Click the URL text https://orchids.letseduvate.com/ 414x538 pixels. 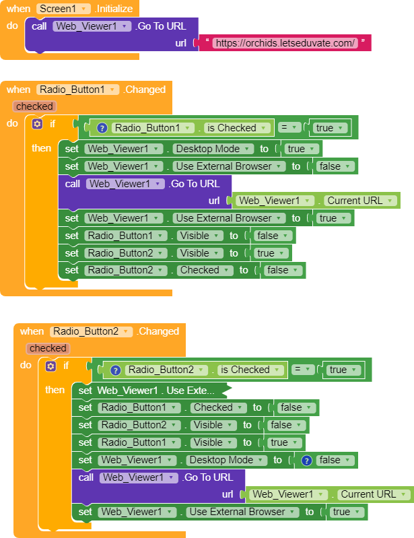coord(284,43)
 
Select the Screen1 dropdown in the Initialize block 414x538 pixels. coord(63,9)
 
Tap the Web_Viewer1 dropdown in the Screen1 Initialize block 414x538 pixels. coord(92,26)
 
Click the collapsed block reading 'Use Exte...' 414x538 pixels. coord(155,390)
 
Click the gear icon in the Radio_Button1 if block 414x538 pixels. coord(36,124)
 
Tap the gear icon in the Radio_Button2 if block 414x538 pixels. coord(50,366)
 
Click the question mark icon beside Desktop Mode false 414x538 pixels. coord(306,460)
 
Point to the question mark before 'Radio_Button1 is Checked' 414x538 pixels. coord(102,128)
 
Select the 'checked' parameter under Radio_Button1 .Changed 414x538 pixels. coord(34,106)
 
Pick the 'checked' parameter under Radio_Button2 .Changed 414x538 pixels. coord(48,348)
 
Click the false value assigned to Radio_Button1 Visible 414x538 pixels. coord(271,236)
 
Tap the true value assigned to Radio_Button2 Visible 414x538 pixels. coord(269,253)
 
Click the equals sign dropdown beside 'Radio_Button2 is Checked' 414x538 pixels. coord(306,370)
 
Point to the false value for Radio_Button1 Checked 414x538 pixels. coord(295,407)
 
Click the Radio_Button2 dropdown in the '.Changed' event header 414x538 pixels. coord(91,331)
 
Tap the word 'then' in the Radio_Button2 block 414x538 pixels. coord(55,390)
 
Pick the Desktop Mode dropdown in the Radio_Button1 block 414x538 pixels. coord(214,149)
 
